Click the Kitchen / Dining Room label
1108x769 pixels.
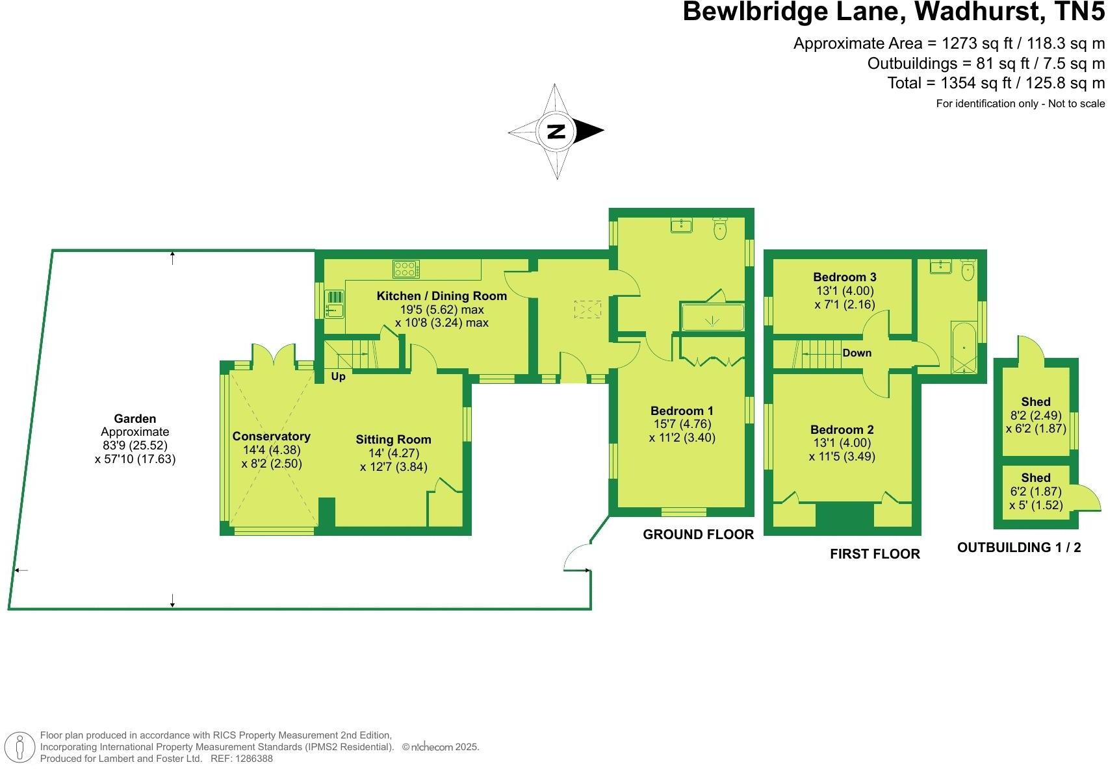point(441,296)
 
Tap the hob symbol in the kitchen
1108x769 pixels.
point(406,268)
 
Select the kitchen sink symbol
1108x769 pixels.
point(335,303)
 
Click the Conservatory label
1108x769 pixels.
point(271,436)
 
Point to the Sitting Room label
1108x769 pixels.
point(393,440)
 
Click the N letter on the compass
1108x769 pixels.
point(556,131)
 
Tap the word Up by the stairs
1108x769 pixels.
point(339,377)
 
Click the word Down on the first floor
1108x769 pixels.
point(857,353)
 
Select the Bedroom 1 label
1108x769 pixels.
point(682,411)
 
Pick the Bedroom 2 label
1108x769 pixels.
point(842,430)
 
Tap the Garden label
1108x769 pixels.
point(135,419)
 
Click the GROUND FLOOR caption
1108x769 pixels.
point(698,535)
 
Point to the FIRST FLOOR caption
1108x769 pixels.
point(875,554)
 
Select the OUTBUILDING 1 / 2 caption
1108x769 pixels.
point(1018,548)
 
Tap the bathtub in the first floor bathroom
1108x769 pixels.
point(964,347)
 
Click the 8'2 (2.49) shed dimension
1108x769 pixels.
point(1035,416)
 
